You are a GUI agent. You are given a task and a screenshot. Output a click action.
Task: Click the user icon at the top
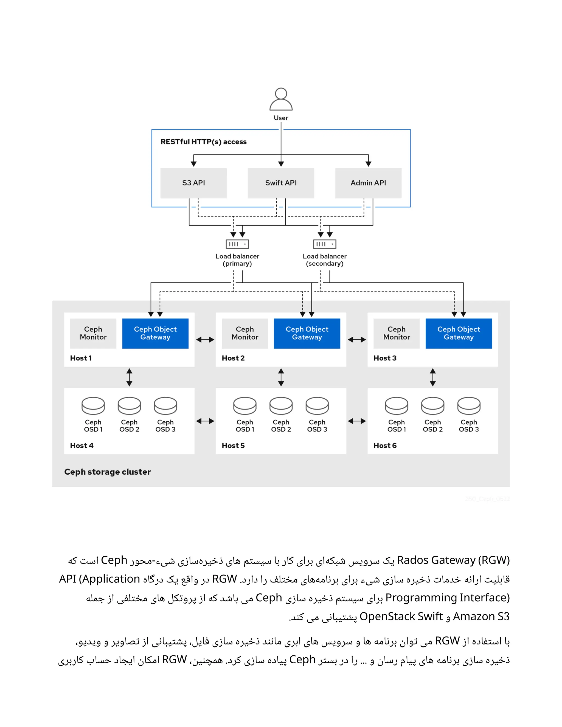coord(281,99)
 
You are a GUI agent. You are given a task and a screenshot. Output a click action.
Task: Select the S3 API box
coord(193,183)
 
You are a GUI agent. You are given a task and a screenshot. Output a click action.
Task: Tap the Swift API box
coord(281,183)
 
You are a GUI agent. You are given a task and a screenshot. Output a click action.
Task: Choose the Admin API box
coord(368,183)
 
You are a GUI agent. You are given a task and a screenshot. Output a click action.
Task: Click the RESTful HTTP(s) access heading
coord(203,142)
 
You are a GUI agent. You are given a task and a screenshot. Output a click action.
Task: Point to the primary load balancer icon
coord(237,244)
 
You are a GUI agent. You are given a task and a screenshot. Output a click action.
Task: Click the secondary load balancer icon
coord(324,244)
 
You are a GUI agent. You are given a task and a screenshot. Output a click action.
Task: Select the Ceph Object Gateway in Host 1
coord(155,333)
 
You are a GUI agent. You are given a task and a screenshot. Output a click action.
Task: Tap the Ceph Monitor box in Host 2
coord(245,333)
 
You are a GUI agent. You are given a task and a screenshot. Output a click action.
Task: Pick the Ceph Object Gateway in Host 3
coord(459,333)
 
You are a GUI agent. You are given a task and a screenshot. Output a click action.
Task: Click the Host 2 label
coord(233,358)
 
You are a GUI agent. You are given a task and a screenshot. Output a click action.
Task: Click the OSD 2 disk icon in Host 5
coord(281,406)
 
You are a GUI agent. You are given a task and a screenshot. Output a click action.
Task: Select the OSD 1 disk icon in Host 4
coord(93,406)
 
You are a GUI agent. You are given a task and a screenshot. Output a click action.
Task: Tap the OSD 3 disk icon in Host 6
coord(468,406)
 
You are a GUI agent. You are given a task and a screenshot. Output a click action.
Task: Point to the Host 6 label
coord(385,445)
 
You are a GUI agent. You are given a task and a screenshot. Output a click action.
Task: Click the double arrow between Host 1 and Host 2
coord(205,340)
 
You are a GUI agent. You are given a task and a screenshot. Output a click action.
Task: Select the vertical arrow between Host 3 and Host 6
coord(432,377)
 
